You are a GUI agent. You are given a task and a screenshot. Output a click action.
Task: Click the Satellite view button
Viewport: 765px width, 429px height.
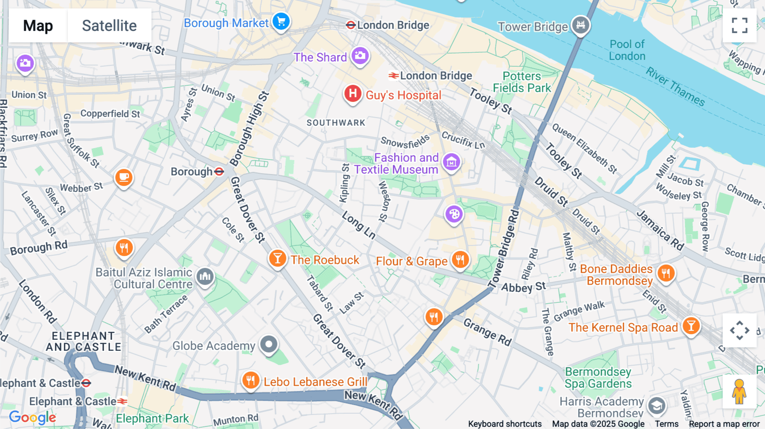click(x=109, y=25)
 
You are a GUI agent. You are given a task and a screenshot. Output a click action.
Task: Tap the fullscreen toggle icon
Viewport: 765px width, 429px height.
click(x=739, y=25)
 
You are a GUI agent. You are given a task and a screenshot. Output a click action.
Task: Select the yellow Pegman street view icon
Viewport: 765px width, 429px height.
click(x=739, y=392)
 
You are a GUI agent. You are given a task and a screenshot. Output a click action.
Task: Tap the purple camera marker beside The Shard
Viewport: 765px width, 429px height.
click(x=360, y=56)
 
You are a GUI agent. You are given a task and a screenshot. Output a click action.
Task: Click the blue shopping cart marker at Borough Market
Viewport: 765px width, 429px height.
click(x=281, y=21)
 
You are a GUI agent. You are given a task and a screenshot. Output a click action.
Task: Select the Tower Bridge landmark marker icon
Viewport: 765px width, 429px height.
click(x=581, y=25)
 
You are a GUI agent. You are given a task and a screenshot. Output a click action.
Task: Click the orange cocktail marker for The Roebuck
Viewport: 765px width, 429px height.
click(x=277, y=258)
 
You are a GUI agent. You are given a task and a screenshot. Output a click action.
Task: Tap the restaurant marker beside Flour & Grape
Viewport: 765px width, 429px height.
click(x=460, y=259)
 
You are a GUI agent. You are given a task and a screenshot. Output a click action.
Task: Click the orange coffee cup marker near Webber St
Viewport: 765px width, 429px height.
click(x=124, y=177)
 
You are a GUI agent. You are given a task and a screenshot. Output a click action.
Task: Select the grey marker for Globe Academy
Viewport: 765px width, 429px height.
click(x=269, y=344)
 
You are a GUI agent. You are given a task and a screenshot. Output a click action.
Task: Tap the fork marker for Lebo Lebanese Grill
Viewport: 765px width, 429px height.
click(x=250, y=380)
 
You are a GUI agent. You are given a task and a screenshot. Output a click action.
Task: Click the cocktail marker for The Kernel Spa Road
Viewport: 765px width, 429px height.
click(x=691, y=326)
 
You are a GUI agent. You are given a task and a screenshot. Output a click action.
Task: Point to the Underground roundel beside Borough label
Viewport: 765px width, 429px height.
click(x=219, y=172)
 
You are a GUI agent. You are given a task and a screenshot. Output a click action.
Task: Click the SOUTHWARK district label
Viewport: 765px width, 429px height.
click(x=336, y=123)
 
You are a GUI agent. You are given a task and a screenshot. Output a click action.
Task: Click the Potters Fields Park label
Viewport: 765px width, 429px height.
click(x=522, y=82)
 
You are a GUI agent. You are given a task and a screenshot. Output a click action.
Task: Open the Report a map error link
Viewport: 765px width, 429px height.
click(x=724, y=424)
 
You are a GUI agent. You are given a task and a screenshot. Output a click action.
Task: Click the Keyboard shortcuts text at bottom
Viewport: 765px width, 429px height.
click(x=504, y=424)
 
